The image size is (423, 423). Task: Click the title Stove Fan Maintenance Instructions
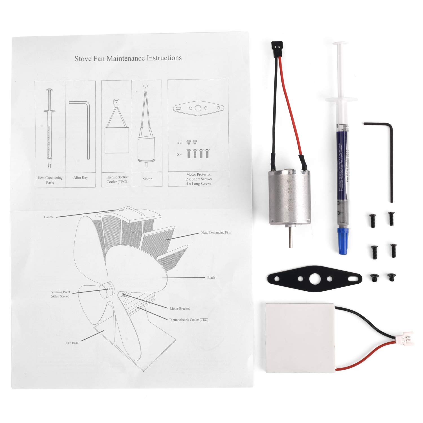click(128, 58)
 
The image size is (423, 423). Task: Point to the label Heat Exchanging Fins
click(216, 233)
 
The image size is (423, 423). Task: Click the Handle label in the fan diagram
click(49, 217)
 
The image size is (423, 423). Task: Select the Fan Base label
click(72, 343)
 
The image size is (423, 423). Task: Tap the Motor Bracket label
click(180, 309)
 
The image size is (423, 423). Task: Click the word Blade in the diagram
click(211, 278)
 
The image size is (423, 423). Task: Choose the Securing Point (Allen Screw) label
click(60, 294)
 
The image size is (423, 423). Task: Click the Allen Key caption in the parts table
click(80, 177)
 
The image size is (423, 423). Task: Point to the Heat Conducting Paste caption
click(50, 180)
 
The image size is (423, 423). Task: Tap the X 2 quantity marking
click(179, 143)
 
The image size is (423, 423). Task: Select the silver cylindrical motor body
click(290, 197)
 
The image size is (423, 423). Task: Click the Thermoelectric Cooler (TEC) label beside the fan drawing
click(188, 320)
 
